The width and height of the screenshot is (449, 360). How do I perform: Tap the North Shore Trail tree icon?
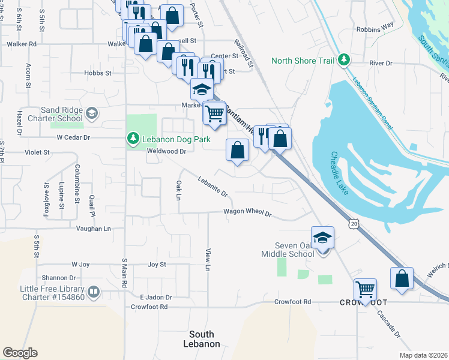coord(344,60)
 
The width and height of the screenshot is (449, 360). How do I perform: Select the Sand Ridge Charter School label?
coord(61,114)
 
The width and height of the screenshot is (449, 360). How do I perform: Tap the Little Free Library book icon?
coord(94,292)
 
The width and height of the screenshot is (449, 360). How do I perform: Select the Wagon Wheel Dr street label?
coord(247,212)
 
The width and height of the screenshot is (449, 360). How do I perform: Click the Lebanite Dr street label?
coord(212,185)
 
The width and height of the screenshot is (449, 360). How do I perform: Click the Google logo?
coord(20,353)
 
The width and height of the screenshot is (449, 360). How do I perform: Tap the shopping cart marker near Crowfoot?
coord(365,289)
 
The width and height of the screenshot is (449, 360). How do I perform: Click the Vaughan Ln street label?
coord(94,229)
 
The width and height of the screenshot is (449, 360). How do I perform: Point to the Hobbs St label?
coord(98,73)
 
